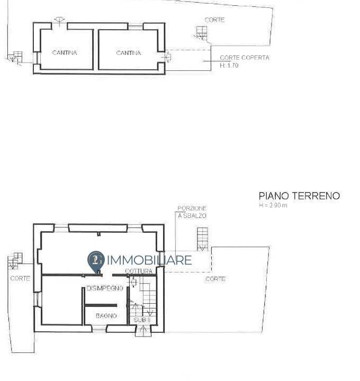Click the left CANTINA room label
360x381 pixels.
tap(65, 53)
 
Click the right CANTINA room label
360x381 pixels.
tap(128, 53)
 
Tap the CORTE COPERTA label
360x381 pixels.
tap(244, 58)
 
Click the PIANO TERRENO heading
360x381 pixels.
tap(299, 196)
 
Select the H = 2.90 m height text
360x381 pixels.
tap(273, 206)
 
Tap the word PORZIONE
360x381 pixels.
tap(192, 208)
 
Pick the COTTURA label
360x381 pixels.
tap(139, 271)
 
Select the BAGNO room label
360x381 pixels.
tap(106, 316)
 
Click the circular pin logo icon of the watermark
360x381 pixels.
tap(95, 260)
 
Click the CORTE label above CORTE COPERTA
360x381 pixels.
tap(214, 20)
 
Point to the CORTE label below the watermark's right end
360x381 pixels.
tap(215, 279)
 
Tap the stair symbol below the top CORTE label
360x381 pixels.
tap(201, 33)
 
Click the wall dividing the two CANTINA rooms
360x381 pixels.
tap(96, 49)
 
